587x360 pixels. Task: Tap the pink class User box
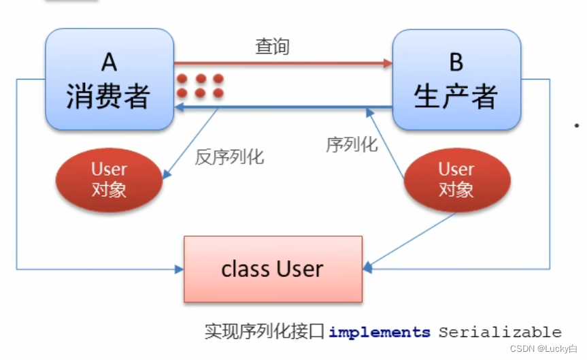[273, 269]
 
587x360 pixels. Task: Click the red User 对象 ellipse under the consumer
[109, 179]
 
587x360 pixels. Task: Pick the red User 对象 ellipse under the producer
[456, 179]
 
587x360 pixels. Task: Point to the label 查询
[272, 46]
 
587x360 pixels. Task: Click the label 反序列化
[229, 157]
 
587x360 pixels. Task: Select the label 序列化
[351, 144]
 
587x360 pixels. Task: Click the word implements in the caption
[380, 332]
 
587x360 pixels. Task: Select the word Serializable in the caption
[499, 332]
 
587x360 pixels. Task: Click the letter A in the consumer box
[109, 63]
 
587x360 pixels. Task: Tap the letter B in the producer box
[456, 63]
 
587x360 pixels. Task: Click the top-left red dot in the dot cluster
[182, 78]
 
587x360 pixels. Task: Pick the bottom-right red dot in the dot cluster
[218, 93]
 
